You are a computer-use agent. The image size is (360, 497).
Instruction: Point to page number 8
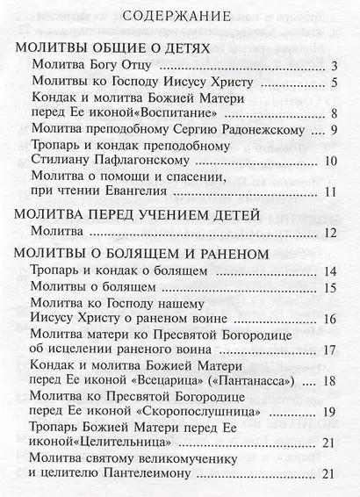pyautogui.click(x=335, y=113)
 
